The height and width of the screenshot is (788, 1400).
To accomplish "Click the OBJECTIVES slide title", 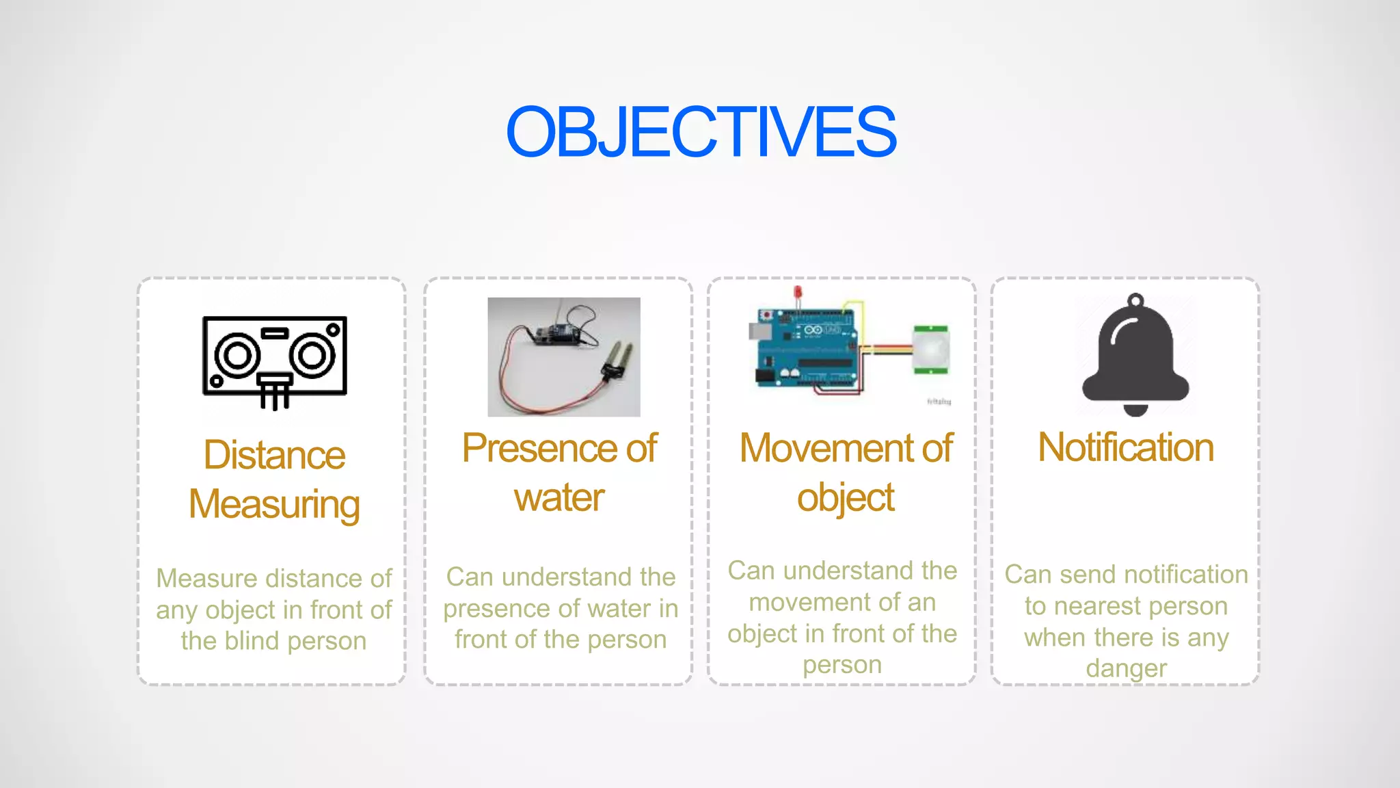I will pyautogui.click(x=701, y=132).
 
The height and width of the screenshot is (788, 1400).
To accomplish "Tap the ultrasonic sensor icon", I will pyautogui.click(x=275, y=361).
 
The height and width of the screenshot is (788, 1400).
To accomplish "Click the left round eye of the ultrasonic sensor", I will pyautogui.click(x=237, y=356).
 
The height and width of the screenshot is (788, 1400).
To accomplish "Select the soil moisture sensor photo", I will pyautogui.click(x=563, y=357).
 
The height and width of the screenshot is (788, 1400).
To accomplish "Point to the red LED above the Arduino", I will pyautogui.click(x=797, y=293).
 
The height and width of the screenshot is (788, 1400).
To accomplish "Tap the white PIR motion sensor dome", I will pyautogui.click(x=931, y=349).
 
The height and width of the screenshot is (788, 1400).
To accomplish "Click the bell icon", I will pyautogui.click(x=1135, y=356).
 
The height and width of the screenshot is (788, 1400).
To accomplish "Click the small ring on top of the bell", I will pyautogui.click(x=1135, y=300).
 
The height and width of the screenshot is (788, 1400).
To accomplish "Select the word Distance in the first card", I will pyautogui.click(x=274, y=456).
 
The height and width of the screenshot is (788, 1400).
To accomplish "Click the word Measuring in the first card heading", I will pyautogui.click(x=274, y=505).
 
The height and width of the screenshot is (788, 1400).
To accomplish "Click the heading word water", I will pyautogui.click(x=559, y=498).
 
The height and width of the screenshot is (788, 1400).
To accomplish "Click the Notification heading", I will pyautogui.click(x=1125, y=448).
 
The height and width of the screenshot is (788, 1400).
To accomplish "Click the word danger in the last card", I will pyautogui.click(x=1126, y=668).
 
